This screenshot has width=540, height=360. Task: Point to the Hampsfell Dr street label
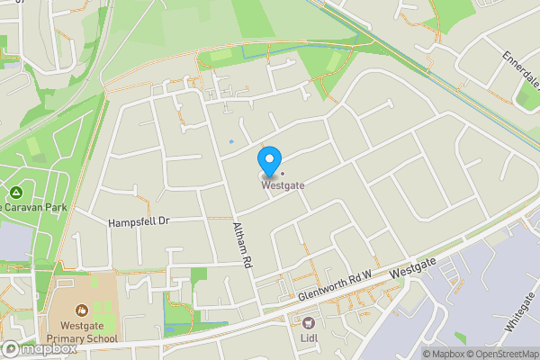139,221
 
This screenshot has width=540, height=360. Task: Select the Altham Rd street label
239,245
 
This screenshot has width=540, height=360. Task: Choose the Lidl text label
310,339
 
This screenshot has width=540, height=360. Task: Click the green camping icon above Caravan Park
16,193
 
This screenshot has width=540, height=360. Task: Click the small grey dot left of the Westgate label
282,174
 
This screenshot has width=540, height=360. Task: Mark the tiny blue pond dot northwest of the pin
231,141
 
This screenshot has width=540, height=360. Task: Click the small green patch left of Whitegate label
461,337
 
